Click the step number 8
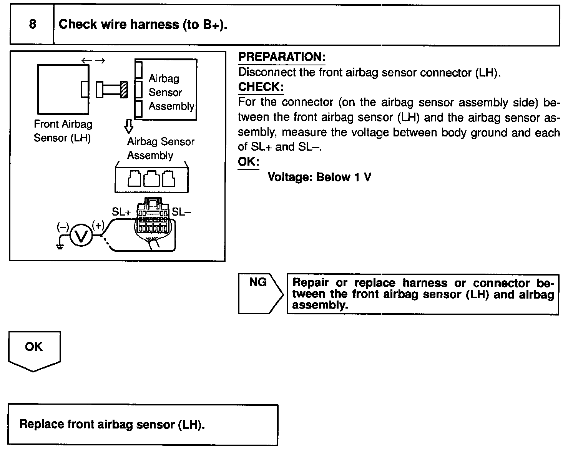[x=33, y=25]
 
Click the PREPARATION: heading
[x=282, y=57]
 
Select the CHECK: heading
[x=261, y=87]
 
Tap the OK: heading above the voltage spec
[x=248, y=162]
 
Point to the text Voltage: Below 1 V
[x=319, y=177]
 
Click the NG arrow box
[x=260, y=294]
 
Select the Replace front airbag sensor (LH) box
[x=143, y=425]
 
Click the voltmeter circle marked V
[x=81, y=236]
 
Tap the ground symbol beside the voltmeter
[x=60, y=246]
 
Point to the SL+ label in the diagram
[x=121, y=212]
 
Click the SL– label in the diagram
[x=181, y=212]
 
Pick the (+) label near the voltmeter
[x=98, y=226]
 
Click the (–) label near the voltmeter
[x=63, y=227]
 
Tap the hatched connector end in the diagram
[x=124, y=90]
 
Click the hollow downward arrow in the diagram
[x=129, y=126]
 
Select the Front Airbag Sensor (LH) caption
[x=63, y=131]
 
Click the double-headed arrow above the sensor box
[x=93, y=60]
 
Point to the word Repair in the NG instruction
[x=311, y=283]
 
